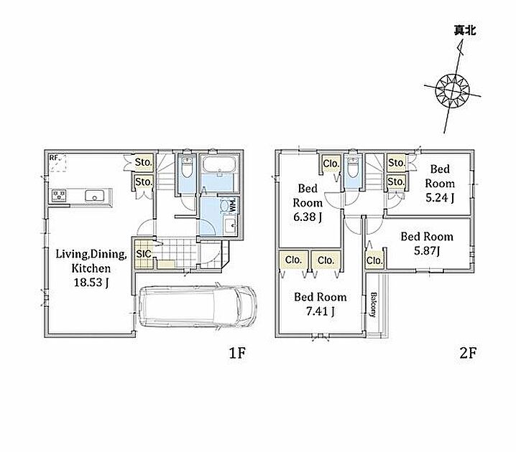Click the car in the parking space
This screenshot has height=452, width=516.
pos(197,306)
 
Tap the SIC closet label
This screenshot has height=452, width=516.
pos(144,254)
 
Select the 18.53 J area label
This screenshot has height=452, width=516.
pos(91,283)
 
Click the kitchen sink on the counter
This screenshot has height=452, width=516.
pos(94,196)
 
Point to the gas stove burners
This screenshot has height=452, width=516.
pos(59,195)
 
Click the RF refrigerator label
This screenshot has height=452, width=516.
pos(54,158)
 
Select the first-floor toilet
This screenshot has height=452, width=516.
pos(187,168)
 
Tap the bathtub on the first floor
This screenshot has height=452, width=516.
pos(219,164)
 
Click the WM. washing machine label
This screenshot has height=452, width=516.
pos(232,204)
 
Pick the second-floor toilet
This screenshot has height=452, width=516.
pos(352,168)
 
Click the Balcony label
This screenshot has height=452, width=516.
pos(374,304)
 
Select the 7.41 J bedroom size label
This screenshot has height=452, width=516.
pos(321,311)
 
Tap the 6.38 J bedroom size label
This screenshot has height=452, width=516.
pos(308,217)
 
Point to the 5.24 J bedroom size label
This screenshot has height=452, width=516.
pos(440,198)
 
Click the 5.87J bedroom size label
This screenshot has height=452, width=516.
pos(427,251)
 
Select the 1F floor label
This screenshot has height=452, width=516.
pos(237,353)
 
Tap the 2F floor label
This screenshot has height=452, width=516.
pos(468,353)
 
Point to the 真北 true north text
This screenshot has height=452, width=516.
pos(465,31)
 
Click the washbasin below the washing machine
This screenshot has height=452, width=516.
pos(230,226)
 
